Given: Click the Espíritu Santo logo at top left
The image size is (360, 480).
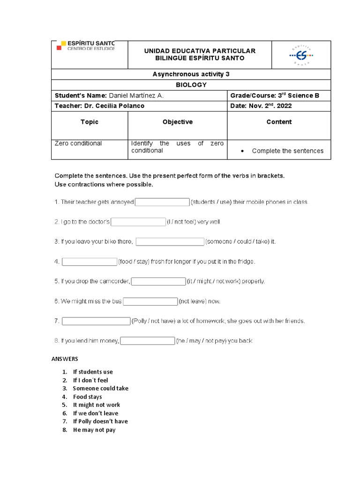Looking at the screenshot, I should [85, 46].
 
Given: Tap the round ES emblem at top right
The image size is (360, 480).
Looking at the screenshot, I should [301, 55].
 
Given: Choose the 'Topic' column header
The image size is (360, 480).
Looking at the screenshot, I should [90, 122].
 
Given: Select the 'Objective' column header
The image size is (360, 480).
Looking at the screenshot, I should [177, 122].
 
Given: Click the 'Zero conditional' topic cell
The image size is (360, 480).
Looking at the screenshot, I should [78, 143].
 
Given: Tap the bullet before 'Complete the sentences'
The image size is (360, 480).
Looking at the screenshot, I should [241, 151].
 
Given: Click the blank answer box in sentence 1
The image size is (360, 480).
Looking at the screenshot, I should [162, 202].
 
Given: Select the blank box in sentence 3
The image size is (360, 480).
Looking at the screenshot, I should [170, 242].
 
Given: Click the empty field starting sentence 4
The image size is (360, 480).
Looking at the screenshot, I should [89, 262].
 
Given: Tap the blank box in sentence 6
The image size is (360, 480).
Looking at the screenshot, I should [150, 301].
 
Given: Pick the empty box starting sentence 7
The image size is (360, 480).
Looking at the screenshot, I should [96, 321].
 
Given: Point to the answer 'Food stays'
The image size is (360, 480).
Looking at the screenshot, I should [87, 397].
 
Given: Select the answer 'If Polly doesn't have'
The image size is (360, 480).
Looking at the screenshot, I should [100, 421].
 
